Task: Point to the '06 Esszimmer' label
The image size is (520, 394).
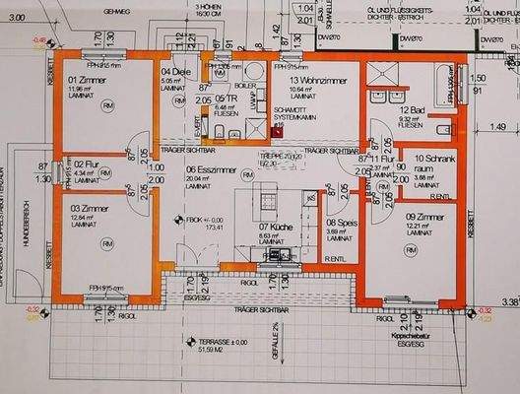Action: point(210,169)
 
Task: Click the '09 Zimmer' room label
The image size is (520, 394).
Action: point(423,217)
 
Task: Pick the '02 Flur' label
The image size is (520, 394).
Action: point(85,164)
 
